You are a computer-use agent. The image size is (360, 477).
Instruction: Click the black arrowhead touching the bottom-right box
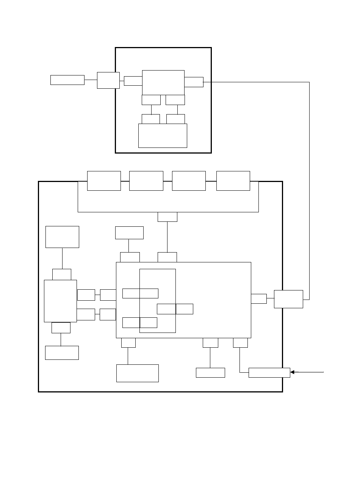click(x=293, y=372)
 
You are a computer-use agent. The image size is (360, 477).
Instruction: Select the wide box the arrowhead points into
click(x=269, y=373)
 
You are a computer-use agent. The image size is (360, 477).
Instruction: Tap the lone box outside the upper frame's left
click(x=67, y=80)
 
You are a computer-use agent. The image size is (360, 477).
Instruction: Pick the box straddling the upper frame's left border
click(x=108, y=80)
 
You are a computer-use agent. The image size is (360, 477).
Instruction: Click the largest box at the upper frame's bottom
click(x=163, y=135)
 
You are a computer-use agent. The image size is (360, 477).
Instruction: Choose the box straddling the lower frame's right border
click(x=288, y=299)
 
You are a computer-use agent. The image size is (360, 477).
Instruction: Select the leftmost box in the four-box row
click(x=104, y=181)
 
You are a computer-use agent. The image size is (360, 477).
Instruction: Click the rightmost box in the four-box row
click(x=233, y=181)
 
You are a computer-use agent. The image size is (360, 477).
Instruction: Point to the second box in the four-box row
click(x=146, y=181)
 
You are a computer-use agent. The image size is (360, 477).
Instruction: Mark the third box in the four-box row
click(x=189, y=181)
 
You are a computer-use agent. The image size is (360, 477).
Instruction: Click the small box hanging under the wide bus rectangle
click(x=167, y=217)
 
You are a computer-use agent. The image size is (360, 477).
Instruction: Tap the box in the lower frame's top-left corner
click(x=62, y=237)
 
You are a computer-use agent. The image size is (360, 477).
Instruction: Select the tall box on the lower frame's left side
click(x=60, y=301)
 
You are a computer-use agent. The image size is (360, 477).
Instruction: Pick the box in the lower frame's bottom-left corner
click(x=62, y=353)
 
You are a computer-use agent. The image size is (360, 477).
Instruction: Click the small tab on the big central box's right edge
click(x=259, y=298)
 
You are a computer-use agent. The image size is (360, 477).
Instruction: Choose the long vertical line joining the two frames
click(x=310, y=190)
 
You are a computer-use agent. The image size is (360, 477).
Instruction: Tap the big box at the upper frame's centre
click(x=163, y=82)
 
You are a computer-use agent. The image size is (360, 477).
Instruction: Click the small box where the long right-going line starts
click(x=194, y=82)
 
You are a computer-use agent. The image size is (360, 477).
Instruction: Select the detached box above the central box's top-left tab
click(x=129, y=233)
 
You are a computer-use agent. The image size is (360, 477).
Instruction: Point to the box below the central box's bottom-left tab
click(x=137, y=373)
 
